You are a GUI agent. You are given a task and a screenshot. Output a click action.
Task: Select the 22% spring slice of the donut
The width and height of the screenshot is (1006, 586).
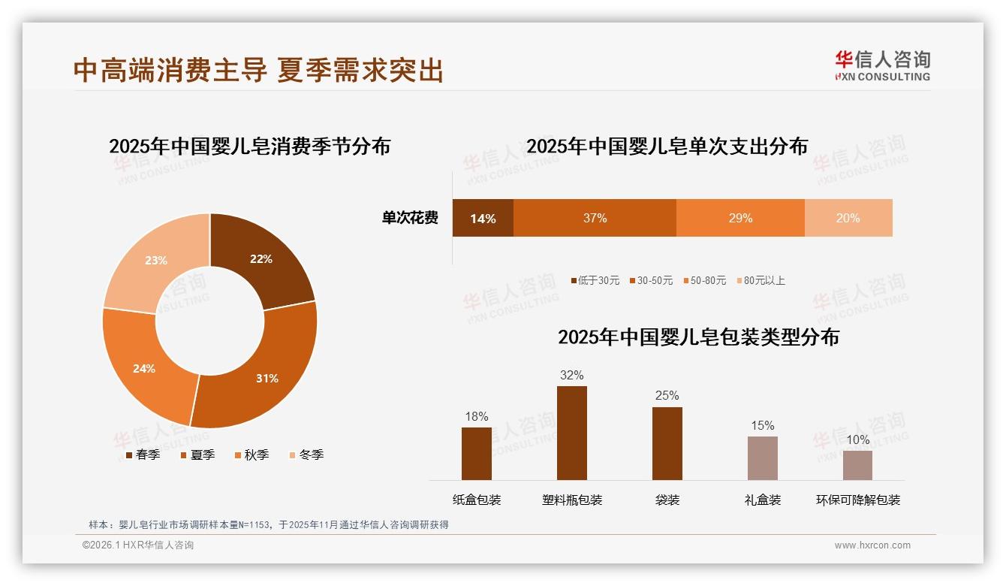(267, 263)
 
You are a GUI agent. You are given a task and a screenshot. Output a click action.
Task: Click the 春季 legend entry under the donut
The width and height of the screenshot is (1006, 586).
(143, 455)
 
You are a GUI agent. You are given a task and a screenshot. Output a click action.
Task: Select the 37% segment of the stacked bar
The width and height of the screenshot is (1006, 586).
(595, 218)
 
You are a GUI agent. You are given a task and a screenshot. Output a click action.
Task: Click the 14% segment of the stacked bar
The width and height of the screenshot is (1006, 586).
(483, 218)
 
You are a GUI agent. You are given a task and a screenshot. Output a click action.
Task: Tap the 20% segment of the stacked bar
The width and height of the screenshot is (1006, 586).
(848, 218)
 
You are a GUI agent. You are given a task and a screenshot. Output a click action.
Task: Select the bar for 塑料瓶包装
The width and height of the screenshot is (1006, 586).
(572, 433)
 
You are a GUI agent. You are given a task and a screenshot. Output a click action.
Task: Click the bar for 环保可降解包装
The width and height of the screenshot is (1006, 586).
(857, 465)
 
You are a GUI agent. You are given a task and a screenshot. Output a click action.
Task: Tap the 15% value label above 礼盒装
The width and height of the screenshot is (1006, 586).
(762, 425)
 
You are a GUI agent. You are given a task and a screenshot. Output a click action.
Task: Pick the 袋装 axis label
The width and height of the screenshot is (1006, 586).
(667, 500)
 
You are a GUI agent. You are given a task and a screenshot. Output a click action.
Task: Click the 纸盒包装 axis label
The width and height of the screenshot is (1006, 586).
(477, 500)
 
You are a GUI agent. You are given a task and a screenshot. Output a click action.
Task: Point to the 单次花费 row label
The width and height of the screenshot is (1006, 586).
(410, 218)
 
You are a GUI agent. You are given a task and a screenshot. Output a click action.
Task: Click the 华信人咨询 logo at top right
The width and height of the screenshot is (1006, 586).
(882, 65)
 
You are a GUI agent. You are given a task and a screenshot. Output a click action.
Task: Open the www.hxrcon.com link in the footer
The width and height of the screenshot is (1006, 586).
(872, 545)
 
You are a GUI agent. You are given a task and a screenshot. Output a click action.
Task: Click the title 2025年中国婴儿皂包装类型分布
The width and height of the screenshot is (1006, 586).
(698, 337)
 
